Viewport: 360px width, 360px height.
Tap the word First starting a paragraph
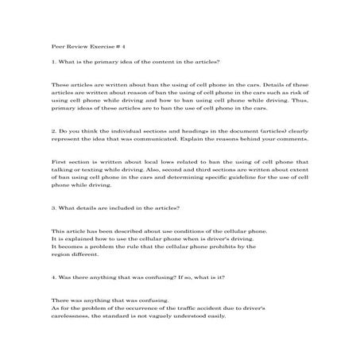[58, 161]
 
